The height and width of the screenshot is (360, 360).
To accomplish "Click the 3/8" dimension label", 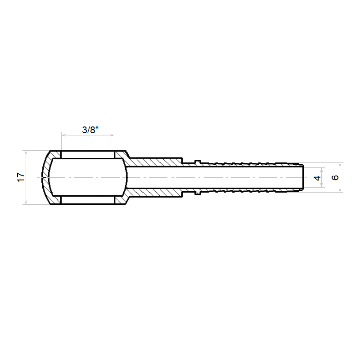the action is (90, 130).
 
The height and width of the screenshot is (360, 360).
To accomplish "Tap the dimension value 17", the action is (21, 177).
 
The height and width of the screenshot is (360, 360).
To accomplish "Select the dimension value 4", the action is (317, 178).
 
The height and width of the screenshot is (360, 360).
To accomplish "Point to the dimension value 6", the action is (335, 177).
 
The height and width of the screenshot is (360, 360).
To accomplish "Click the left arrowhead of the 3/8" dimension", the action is (63, 135).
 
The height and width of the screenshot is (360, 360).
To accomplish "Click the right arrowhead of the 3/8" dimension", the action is (112, 135).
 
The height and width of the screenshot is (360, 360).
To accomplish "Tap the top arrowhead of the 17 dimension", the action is (26, 153).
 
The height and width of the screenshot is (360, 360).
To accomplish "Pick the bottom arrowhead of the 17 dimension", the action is (26, 202).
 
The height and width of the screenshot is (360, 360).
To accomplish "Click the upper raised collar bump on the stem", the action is (198, 162).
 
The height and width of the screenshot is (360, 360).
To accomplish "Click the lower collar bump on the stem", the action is (198, 193).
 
